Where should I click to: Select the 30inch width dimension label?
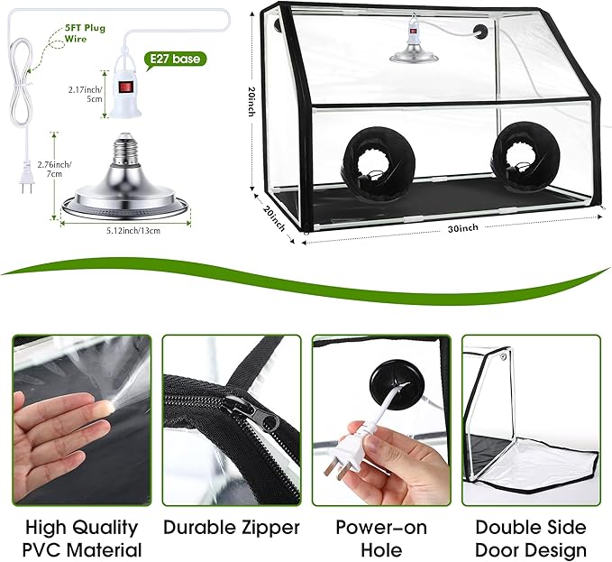click(x=463, y=229)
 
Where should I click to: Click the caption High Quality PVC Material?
click(x=82, y=539)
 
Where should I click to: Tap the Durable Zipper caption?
click(x=231, y=528)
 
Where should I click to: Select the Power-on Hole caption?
click(x=380, y=539)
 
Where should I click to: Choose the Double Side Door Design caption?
click(x=530, y=539)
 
